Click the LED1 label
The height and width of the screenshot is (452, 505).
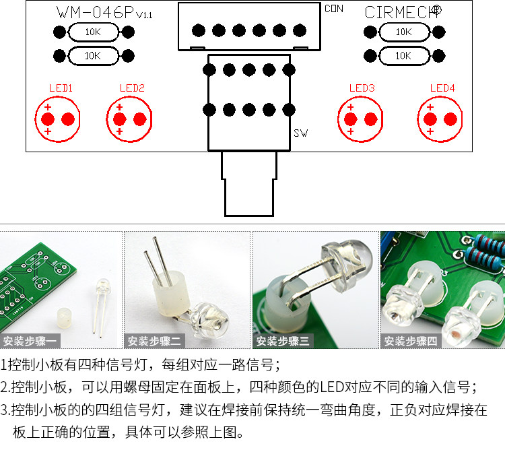(61, 88)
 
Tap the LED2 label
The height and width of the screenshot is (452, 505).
(132, 88)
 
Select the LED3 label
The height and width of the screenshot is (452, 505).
(362, 88)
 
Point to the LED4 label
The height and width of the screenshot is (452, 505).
(442, 88)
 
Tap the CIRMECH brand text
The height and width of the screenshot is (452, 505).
(403, 12)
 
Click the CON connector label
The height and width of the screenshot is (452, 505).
(334, 9)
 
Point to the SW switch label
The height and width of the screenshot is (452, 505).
(301, 133)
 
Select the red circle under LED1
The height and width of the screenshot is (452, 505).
(58, 119)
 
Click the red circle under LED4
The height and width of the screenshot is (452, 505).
(440, 119)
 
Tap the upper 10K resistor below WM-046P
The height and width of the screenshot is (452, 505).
(92, 32)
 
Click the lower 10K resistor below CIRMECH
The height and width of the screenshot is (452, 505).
(403, 56)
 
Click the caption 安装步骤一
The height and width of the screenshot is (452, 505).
(31, 341)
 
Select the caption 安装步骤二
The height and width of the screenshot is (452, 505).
(156, 341)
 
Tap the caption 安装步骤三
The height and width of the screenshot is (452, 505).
(284, 341)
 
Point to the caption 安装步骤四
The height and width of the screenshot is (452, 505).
(411, 341)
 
